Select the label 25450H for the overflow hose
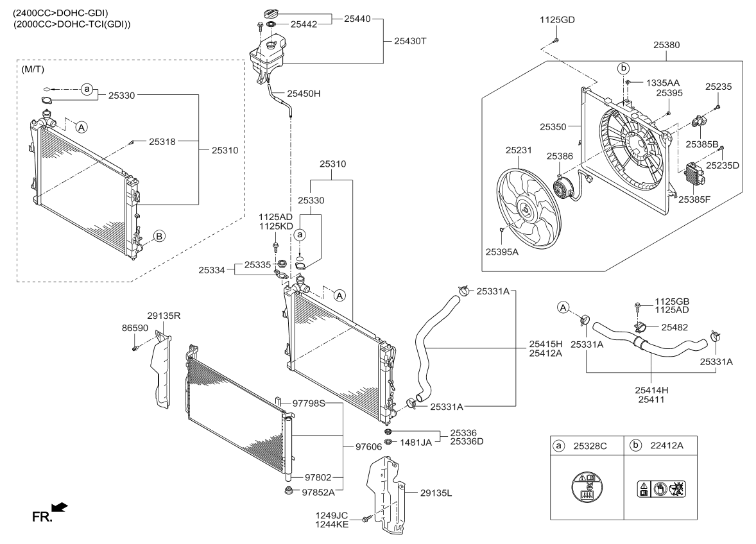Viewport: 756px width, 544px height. [x=304, y=94]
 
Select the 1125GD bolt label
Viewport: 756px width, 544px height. [x=556, y=20]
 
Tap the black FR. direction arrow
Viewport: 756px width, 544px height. [x=59, y=507]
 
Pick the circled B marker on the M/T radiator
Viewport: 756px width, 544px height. [x=159, y=235]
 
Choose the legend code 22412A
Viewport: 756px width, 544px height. [x=667, y=444]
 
